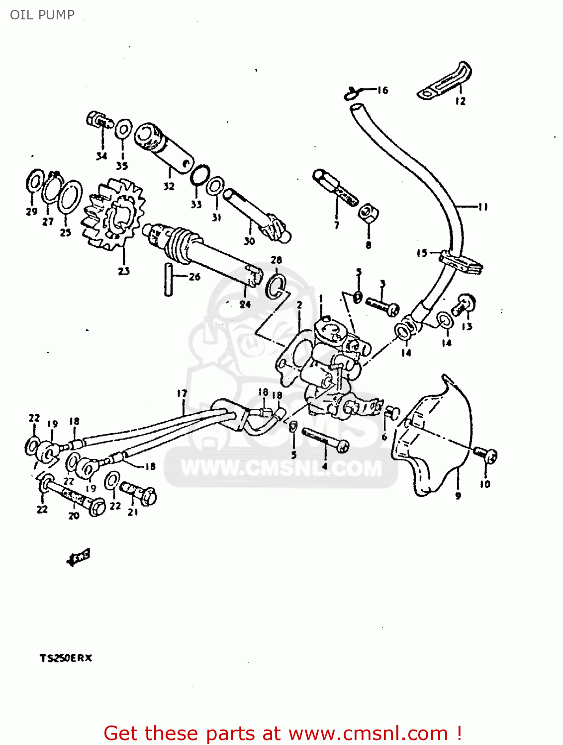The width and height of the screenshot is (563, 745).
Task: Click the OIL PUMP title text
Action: point(42,15)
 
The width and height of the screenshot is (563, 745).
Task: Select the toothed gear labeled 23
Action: point(113,215)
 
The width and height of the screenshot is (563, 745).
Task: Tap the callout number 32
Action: point(169,186)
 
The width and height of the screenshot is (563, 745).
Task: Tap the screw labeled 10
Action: point(485,454)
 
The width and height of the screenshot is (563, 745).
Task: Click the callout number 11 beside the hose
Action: point(482,207)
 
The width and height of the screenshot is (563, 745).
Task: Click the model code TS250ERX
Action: point(66,658)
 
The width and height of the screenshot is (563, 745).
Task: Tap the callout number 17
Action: point(182,393)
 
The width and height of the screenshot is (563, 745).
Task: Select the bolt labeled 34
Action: point(97,120)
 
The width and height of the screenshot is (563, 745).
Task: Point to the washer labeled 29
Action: point(34,182)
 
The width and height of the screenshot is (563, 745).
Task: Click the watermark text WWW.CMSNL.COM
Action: point(281,468)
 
